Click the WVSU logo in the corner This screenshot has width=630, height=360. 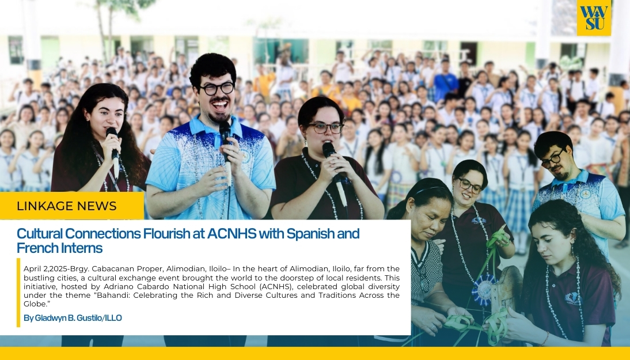(x=594, y=18)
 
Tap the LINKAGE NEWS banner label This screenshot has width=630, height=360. (x=67, y=206)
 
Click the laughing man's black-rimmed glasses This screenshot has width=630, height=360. (x=217, y=89)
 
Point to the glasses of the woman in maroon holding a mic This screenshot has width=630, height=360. (x=325, y=128)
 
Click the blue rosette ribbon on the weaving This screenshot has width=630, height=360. (x=483, y=289)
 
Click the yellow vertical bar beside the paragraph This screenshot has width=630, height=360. (x=18, y=293)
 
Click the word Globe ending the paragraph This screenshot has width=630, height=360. (x=35, y=304)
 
